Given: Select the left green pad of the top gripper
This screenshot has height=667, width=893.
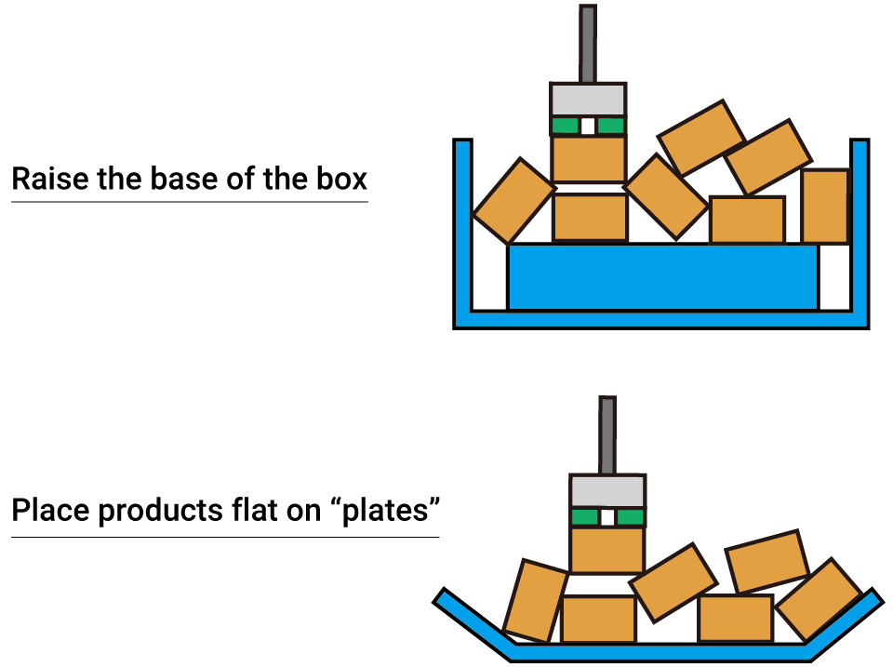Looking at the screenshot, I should pyautogui.click(x=565, y=126).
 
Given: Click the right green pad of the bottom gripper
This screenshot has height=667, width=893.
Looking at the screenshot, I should pyautogui.click(x=630, y=517).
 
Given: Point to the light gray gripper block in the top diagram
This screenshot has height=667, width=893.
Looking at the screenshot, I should pyautogui.click(x=588, y=100).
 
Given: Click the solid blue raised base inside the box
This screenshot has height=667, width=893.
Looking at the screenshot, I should pyautogui.click(x=662, y=276).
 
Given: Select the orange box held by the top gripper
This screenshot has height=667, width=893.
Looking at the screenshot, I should pyautogui.click(x=589, y=159).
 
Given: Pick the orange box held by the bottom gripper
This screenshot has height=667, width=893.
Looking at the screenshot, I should pyautogui.click(x=607, y=550).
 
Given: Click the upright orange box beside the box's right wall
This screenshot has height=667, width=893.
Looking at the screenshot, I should pyautogui.click(x=825, y=207).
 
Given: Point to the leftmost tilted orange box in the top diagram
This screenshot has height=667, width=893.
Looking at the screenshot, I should pyautogui.click(x=513, y=200).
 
